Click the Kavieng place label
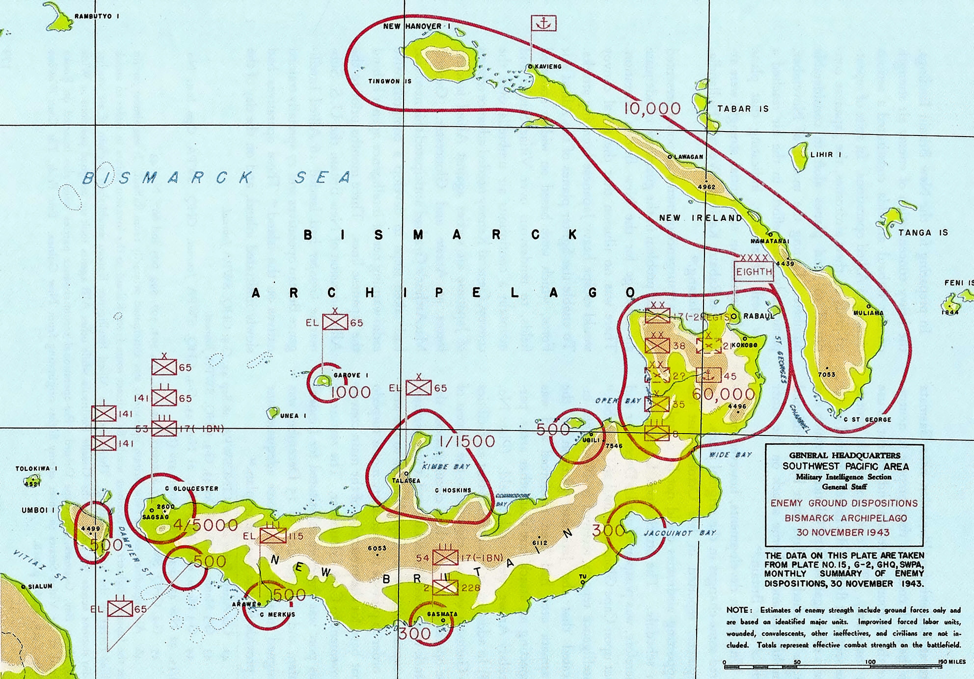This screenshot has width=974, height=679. click(x=548, y=66)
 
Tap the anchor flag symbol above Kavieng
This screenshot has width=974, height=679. click(x=543, y=23)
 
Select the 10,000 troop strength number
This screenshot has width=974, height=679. click(x=652, y=109)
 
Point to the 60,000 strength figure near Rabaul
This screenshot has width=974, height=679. click(x=723, y=394)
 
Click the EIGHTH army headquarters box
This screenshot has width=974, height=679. click(x=754, y=272)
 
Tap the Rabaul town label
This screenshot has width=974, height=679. click(x=758, y=316)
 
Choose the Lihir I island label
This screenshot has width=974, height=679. click(x=825, y=155)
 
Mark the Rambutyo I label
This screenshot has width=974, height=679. click(x=97, y=16)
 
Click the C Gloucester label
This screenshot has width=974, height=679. click(x=191, y=489)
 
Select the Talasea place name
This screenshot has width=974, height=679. click(x=406, y=481)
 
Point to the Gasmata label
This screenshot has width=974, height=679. click(x=442, y=614)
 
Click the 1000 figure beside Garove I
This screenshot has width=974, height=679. click(x=351, y=392)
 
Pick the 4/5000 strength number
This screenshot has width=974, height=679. click(x=205, y=525)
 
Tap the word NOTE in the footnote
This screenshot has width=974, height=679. click(x=737, y=610)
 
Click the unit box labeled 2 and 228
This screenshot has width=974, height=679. click(x=445, y=587)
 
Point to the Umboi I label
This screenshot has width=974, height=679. click(x=37, y=510)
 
